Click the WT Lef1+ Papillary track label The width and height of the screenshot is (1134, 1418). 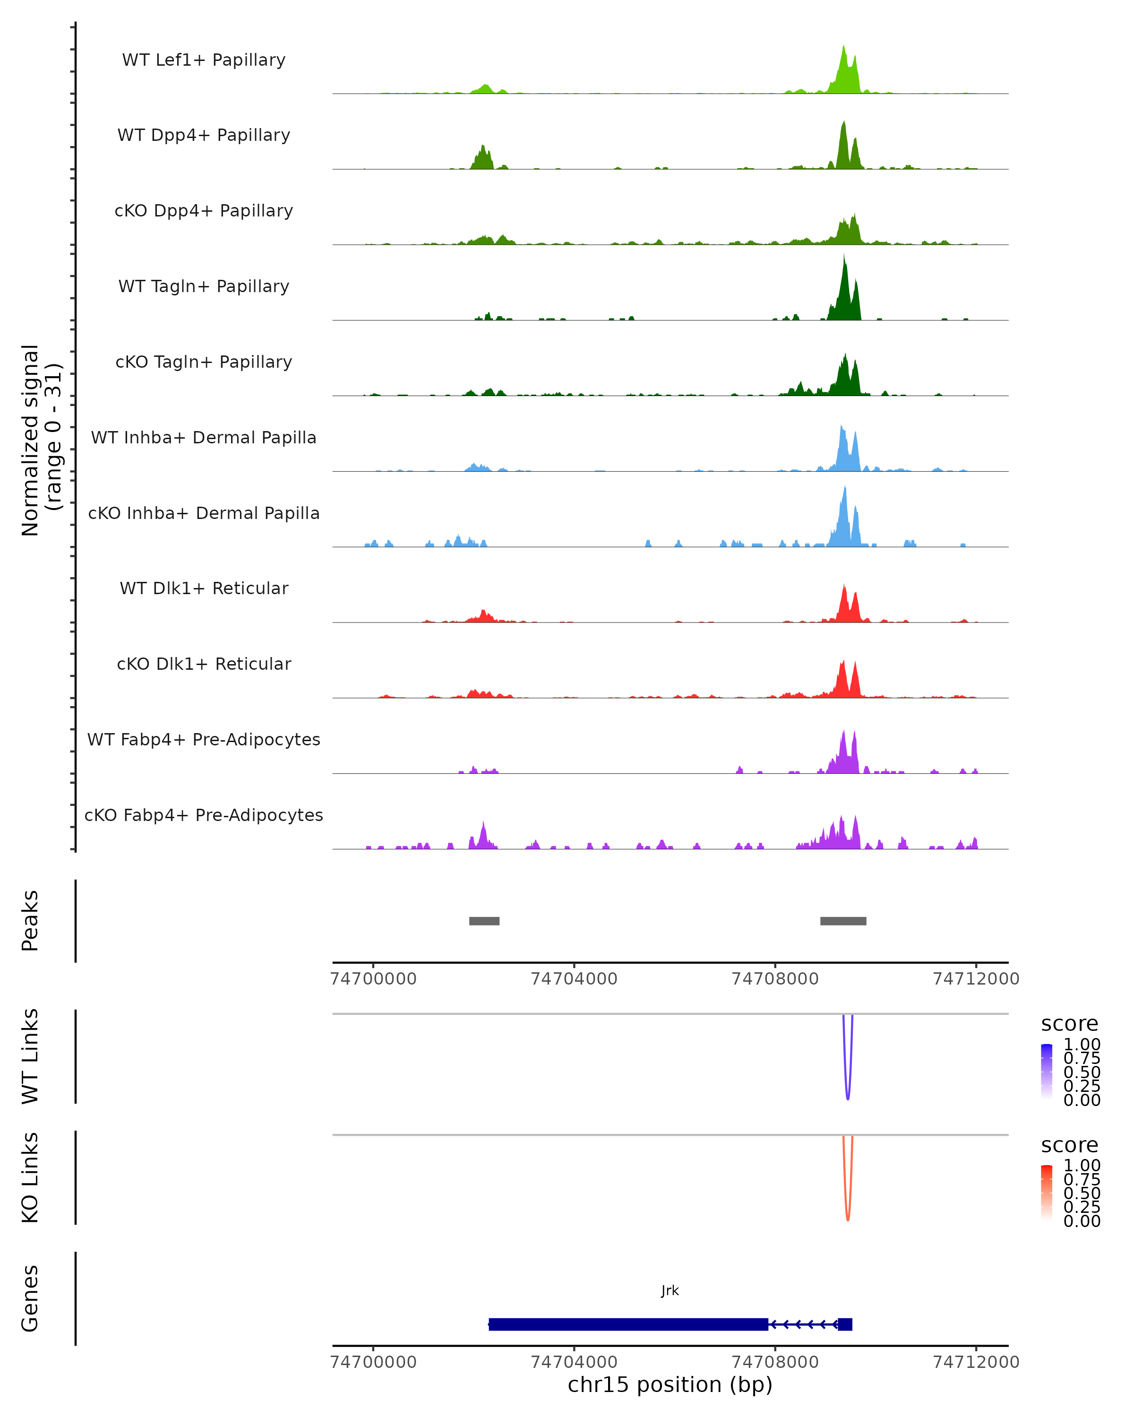pos(204,60)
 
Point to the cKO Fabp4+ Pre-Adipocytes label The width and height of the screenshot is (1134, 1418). pos(204,815)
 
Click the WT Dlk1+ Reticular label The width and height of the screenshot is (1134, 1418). pos(204,588)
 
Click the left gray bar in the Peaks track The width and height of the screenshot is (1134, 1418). pos(484,921)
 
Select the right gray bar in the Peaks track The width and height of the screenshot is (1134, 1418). pos(843,921)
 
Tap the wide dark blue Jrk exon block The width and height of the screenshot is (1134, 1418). pos(628,1324)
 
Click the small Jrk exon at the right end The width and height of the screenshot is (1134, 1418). pos(845,1324)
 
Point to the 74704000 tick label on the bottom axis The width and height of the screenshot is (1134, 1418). pos(574,1361)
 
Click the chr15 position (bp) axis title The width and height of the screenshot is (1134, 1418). pos(670,1384)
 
